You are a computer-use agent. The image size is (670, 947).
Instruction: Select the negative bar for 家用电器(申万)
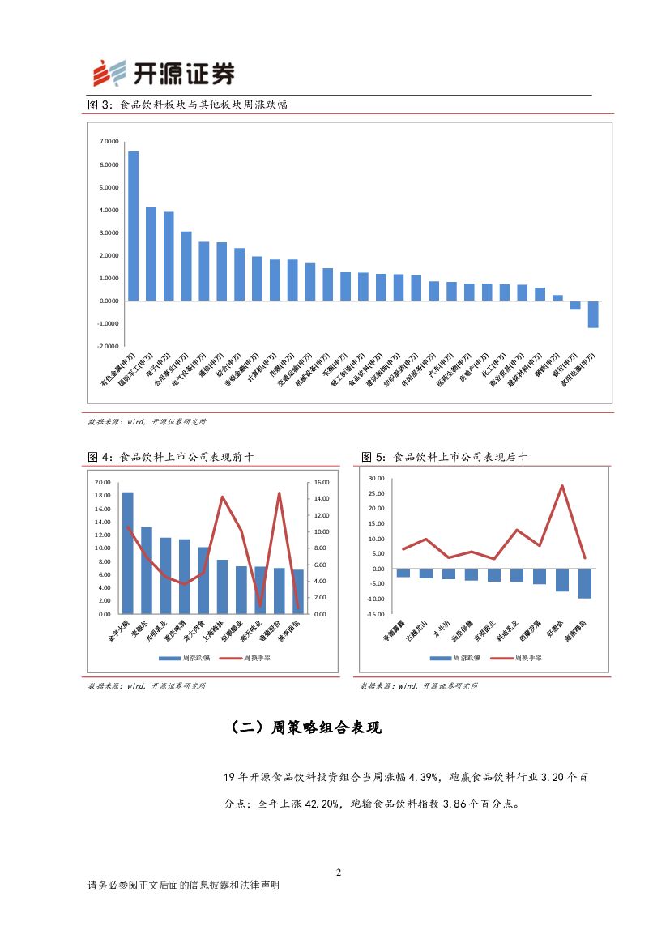593,314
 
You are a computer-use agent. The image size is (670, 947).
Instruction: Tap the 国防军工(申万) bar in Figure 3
151,254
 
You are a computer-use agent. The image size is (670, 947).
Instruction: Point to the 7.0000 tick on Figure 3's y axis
109,142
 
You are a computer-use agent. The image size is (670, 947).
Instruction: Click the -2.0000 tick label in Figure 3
109,346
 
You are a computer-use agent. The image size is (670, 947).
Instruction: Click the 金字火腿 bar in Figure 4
127,553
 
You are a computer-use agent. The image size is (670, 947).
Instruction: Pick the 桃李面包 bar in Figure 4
298,592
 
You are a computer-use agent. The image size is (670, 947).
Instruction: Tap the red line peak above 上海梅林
223,497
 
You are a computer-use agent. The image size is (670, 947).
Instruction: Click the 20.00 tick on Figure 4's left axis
102,483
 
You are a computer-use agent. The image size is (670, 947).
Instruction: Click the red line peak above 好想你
561,486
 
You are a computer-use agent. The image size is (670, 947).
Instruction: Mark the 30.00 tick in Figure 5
376,479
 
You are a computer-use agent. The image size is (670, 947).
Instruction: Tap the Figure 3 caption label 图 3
100,105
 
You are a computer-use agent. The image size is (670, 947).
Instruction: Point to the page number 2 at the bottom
339,872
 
